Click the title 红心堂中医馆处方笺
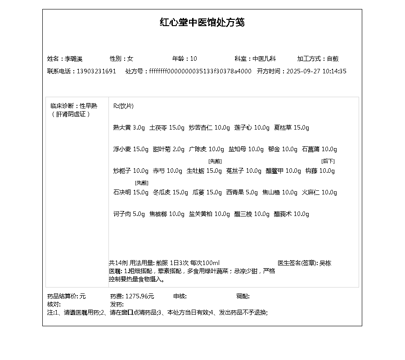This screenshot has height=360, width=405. pos(202,22)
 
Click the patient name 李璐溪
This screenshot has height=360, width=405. pos(74,59)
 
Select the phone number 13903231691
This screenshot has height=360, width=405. pos(96,71)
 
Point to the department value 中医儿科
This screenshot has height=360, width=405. pos(264,59)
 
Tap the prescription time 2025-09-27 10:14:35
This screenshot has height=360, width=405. pos(316,71)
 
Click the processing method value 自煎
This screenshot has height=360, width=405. pos(333,59)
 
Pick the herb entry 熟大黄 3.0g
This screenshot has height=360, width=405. pos(129,128)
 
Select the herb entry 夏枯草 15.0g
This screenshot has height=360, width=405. pos(292,128)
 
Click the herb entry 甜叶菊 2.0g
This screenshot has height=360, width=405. pos(169,149)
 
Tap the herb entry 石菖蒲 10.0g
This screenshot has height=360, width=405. pos(319,149)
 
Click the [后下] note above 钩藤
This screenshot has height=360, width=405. pos(328,161)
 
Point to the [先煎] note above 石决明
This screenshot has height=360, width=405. pos(141,183)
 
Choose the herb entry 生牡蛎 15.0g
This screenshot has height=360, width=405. pos(204,171)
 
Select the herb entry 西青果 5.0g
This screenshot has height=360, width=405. pos(242,193)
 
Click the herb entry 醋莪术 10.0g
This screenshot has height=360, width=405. pos(292,214)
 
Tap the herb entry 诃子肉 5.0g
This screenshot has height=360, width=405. pos(129,214)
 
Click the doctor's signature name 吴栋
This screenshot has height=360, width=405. pos(325,263)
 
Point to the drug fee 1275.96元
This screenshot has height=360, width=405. pos(139,296)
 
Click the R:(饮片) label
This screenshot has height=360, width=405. pos(123,106)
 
